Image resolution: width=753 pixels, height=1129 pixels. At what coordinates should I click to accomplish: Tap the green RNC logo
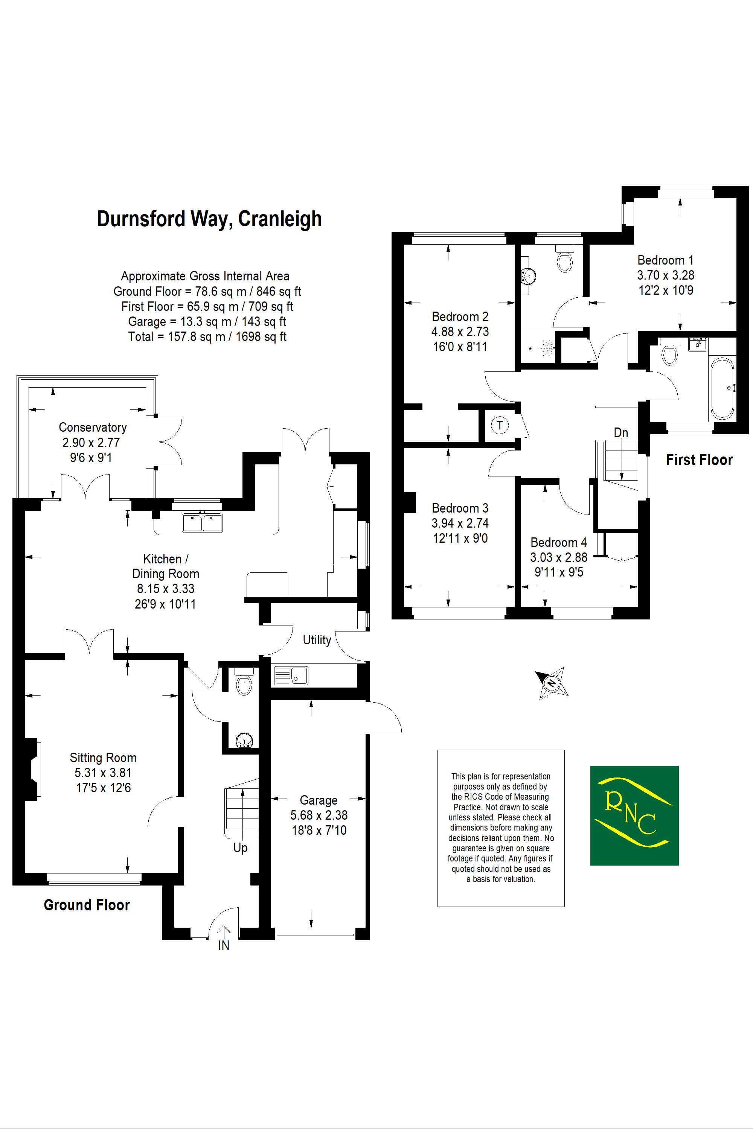click(x=634, y=815)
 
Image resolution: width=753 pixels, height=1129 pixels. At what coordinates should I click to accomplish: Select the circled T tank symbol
click(x=500, y=425)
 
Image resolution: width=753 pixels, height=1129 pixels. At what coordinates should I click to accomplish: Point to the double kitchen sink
click(x=202, y=523)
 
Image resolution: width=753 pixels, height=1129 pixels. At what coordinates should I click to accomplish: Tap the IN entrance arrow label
click(x=224, y=945)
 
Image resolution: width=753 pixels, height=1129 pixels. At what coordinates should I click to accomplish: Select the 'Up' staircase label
click(x=240, y=848)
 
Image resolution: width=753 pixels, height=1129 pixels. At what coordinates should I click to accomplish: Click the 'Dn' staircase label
click(x=620, y=432)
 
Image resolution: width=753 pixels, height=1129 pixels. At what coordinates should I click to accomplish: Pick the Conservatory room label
click(x=93, y=427)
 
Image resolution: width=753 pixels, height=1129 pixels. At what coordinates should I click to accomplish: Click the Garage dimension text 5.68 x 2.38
click(x=319, y=815)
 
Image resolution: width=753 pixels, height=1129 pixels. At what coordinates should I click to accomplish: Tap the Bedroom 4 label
click(x=558, y=542)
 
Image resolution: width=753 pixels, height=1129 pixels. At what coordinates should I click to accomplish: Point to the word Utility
click(x=317, y=640)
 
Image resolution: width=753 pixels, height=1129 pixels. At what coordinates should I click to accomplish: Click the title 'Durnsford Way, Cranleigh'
click(x=209, y=219)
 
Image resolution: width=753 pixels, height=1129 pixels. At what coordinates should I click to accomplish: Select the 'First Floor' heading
click(x=699, y=460)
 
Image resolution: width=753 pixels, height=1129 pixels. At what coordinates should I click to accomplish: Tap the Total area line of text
click(x=207, y=336)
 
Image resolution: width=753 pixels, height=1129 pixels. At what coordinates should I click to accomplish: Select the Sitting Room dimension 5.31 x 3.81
click(x=103, y=773)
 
